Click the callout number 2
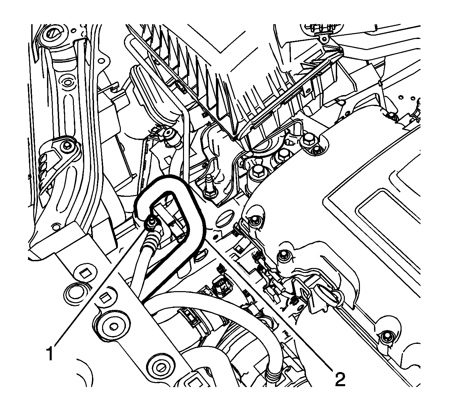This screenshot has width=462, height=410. coord(340,379)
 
